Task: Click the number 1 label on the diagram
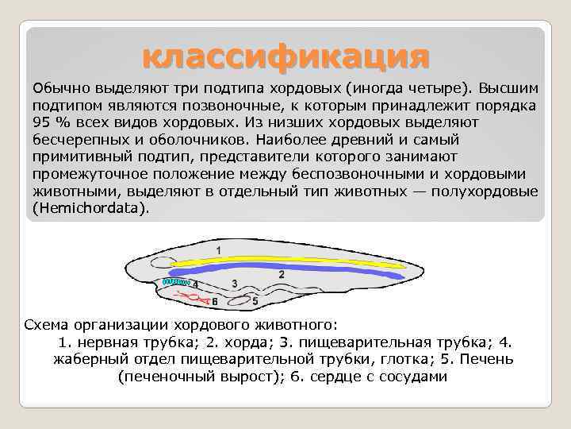(x=219, y=250)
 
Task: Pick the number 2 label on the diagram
(x=282, y=272)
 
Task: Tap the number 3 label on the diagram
(x=234, y=283)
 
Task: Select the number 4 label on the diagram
(x=195, y=284)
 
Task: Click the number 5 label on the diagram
(x=255, y=301)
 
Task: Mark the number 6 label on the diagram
(x=214, y=302)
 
